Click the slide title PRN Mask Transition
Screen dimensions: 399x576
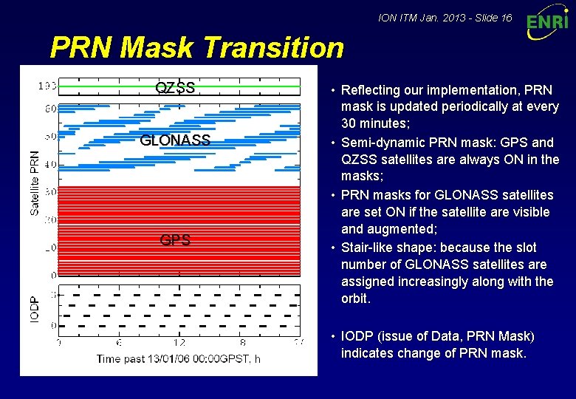(196, 48)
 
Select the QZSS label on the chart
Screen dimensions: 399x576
(175, 88)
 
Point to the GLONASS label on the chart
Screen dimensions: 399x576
(175, 140)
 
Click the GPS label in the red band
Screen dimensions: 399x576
(175, 240)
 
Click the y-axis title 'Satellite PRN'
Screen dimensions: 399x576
(35, 183)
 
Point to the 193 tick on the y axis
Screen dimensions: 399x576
(47, 86)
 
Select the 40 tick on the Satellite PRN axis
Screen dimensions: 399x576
(50, 164)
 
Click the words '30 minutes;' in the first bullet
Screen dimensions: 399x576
(373, 124)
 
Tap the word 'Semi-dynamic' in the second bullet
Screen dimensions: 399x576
(379, 142)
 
